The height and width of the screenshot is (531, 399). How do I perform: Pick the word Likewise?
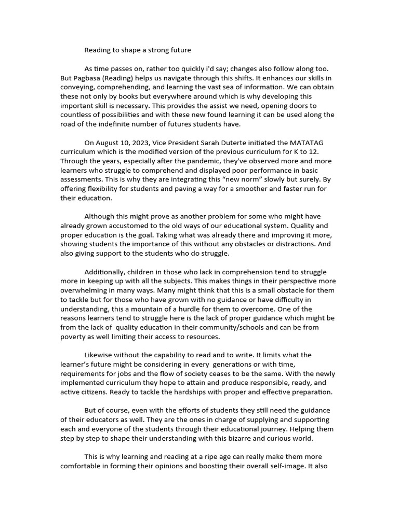click(x=101, y=355)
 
